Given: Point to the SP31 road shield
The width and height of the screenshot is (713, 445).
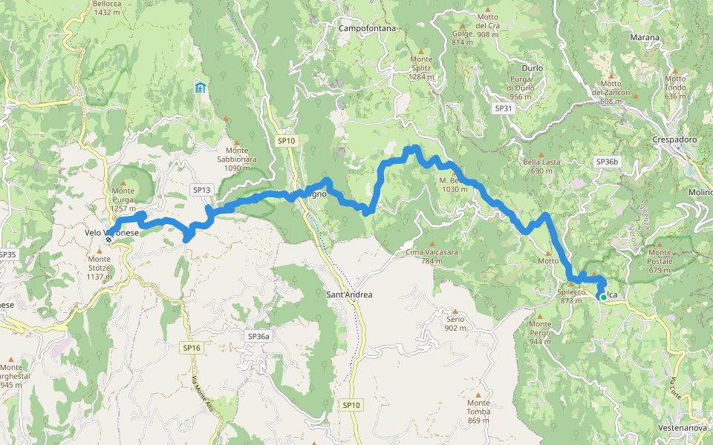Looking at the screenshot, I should pos(504,108).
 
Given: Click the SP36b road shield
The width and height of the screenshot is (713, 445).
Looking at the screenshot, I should pos(607,161).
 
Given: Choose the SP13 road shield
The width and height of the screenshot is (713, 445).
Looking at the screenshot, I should pos(202,190).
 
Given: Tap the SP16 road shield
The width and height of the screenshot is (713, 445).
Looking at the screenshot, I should pos(192,347).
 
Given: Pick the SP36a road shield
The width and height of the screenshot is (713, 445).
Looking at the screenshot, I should pos(257,336).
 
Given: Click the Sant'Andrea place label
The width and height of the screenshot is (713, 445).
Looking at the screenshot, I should pos(349,294).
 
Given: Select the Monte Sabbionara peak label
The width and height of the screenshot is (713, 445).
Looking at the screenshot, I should pos(237,162).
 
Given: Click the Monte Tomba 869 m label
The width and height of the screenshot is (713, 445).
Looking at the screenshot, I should pos(478,412).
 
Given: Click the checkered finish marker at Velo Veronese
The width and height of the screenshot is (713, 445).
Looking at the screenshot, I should pos(109,240).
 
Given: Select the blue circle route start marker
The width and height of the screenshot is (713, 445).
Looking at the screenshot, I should pos(601,296).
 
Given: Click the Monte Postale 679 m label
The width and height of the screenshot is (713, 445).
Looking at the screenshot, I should pos(660,265).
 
